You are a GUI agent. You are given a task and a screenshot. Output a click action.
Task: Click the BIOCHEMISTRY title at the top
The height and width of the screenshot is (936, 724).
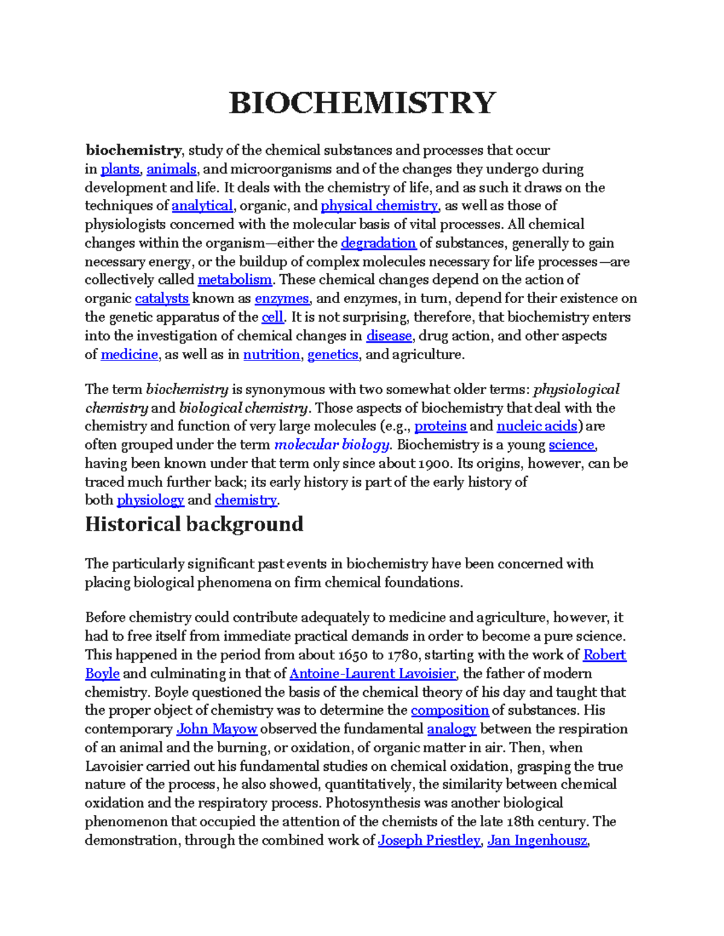tap(362, 102)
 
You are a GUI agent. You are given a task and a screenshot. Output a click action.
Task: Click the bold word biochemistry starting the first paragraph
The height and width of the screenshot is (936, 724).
tap(133, 150)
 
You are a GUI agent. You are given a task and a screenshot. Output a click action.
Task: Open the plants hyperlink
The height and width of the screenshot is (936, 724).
tap(119, 169)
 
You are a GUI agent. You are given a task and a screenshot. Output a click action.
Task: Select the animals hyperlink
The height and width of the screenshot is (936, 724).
tap(171, 169)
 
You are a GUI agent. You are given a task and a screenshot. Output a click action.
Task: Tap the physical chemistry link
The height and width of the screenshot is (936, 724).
tap(379, 206)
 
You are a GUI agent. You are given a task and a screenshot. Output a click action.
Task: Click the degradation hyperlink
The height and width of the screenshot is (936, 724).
tap(378, 243)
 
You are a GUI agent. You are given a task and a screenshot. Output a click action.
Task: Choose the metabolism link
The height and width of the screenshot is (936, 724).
tap(235, 280)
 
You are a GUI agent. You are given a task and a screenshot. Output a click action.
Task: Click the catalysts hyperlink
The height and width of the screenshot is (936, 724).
tap(162, 298)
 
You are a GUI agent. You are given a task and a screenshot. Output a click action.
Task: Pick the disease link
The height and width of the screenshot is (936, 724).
tap(389, 336)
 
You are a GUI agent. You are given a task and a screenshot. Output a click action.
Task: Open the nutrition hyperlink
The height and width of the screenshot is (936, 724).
tap(271, 354)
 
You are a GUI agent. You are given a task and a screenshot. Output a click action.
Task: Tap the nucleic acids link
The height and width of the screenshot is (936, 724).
tap(536, 426)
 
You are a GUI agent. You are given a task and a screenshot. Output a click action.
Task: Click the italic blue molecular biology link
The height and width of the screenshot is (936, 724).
tap(332, 445)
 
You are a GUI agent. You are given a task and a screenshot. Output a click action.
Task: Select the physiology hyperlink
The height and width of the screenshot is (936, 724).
tap(150, 500)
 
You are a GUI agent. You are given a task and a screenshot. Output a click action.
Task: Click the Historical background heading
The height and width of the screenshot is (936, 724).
tap(194, 524)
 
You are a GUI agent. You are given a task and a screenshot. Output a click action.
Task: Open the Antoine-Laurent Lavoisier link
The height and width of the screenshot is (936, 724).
tap(372, 673)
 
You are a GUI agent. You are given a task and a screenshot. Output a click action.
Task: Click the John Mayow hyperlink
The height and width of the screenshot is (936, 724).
tap(217, 729)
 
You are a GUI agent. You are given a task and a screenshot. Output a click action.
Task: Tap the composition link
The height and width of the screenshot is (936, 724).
tap(449, 710)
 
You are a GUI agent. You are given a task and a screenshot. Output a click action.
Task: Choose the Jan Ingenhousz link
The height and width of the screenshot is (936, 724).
tap(537, 840)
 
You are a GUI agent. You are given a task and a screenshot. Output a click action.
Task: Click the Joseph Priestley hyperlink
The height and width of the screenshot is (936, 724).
tap(429, 840)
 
